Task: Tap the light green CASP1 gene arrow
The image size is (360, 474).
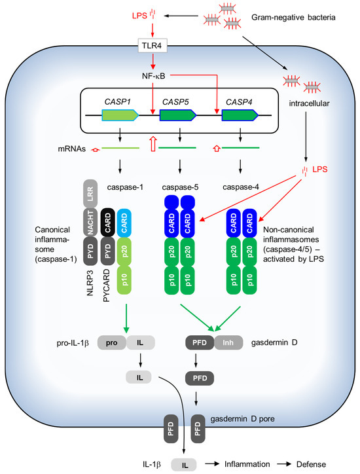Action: pos(118,116)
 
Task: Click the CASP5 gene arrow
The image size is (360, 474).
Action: pos(177,116)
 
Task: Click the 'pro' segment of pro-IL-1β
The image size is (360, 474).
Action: pos(112,342)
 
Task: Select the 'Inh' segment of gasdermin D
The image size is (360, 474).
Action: pos(228,342)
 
